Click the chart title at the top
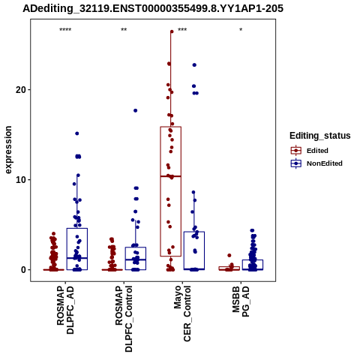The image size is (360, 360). tap(153, 8)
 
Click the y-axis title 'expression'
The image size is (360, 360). tap(8, 150)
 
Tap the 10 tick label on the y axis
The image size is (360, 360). tap(21, 180)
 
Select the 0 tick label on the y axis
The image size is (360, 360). tap(24, 270)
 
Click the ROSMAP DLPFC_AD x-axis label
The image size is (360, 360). tap(65, 310)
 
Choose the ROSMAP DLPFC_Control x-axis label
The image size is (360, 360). tap(124, 319)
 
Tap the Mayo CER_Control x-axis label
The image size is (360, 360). tap(182, 313)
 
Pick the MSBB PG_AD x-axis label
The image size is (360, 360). tap(241, 301)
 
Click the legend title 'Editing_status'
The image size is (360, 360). tap(320, 136)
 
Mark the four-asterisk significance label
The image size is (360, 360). tap(65, 30)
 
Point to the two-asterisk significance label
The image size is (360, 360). tap(124, 30)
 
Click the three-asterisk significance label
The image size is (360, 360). tap(182, 30)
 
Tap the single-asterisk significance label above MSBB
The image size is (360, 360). tap(241, 30)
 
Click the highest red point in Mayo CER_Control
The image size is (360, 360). tap(172, 31)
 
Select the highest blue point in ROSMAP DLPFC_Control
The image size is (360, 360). tap(136, 110)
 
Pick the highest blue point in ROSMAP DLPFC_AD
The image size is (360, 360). tap(77, 133)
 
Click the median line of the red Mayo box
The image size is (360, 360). tap(171, 176)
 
